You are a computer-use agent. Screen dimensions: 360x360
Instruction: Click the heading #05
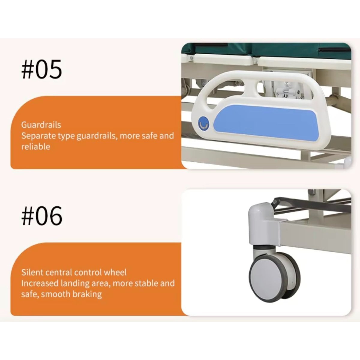click(x=41, y=69)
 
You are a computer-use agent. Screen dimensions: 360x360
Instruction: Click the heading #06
click(x=42, y=216)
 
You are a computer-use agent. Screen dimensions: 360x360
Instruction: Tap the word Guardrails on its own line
click(x=41, y=125)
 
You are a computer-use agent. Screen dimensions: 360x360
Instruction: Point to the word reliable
click(x=36, y=146)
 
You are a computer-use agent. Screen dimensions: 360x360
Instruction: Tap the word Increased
click(x=40, y=283)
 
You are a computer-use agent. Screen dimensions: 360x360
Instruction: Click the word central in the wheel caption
click(x=59, y=272)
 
